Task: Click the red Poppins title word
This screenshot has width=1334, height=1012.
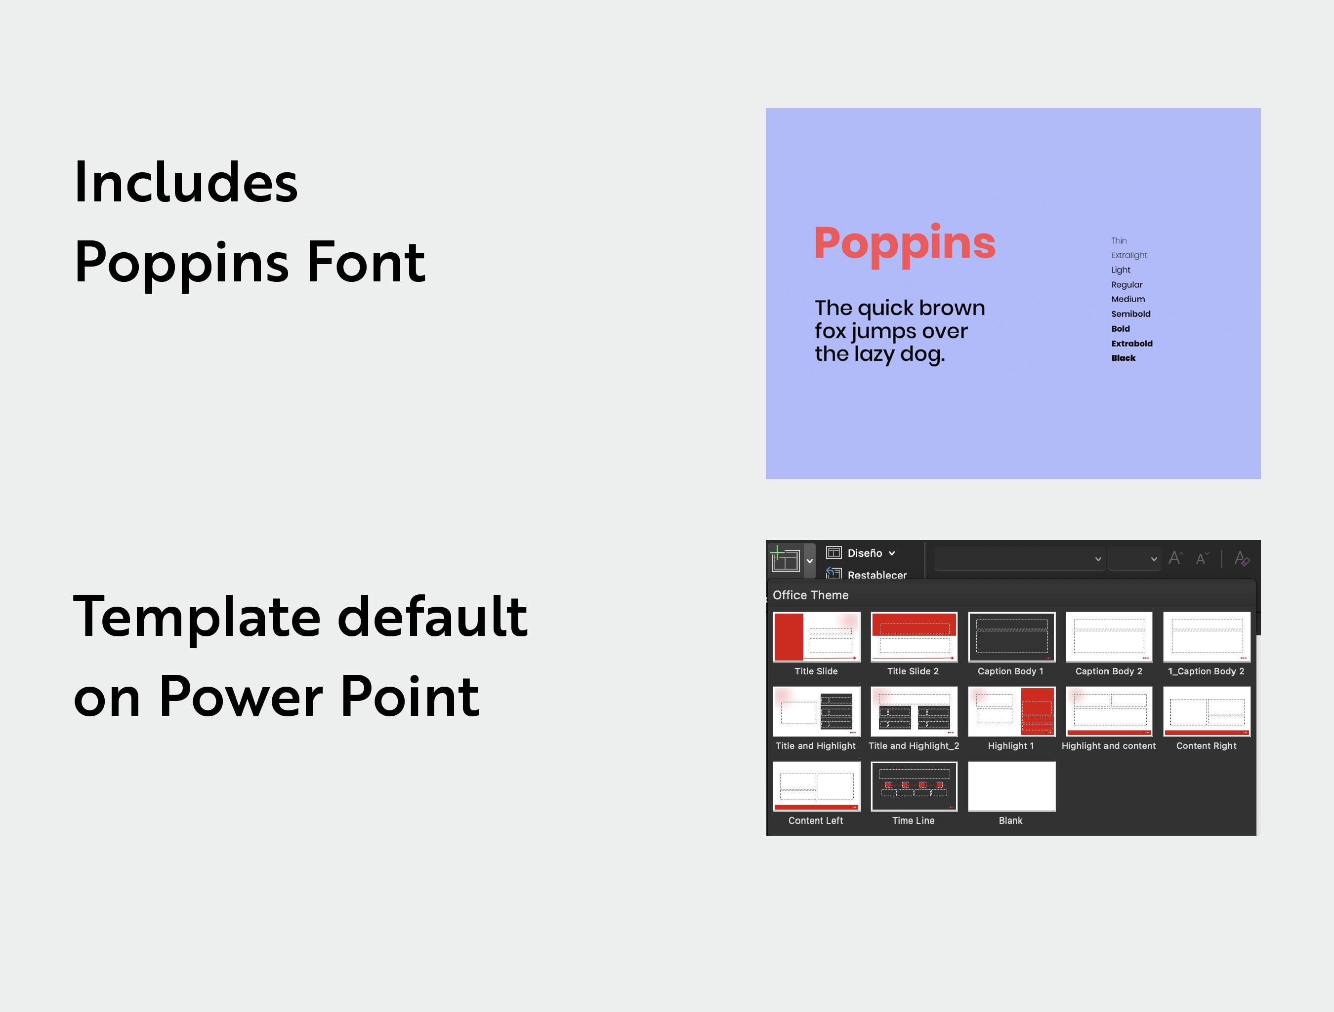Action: click(905, 243)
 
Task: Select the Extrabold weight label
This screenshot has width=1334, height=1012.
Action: click(1131, 344)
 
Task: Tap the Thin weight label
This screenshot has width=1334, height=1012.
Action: click(1119, 240)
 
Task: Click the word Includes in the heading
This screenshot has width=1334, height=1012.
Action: click(186, 182)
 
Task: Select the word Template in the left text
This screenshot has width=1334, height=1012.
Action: click(197, 616)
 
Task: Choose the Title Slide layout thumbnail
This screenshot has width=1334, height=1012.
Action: click(816, 637)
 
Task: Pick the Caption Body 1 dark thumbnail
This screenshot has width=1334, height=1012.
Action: click(1011, 637)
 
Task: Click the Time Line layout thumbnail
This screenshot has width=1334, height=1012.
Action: click(914, 786)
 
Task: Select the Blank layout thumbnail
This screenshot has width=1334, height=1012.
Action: click(1011, 786)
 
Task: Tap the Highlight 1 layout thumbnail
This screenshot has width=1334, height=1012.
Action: click(1011, 711)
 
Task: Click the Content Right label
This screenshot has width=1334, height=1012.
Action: click(1206, 745)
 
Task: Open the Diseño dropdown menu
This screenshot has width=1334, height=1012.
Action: click(870, 553)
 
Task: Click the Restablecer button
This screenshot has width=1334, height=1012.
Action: click(876, 575)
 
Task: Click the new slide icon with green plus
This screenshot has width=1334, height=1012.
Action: click(785, 559)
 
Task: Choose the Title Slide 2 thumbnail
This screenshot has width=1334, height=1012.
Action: click(914, 637)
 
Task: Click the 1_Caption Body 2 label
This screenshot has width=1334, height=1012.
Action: click(1206, 671)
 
